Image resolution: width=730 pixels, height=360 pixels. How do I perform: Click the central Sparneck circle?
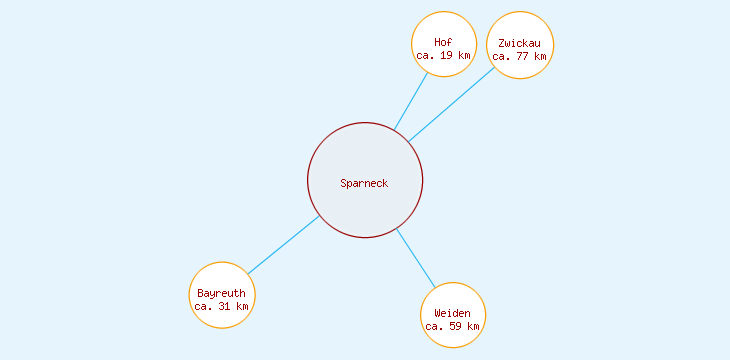point(365,205)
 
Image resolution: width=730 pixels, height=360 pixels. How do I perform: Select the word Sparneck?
point(364,183)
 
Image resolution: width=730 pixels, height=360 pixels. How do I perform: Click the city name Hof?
point(443,42)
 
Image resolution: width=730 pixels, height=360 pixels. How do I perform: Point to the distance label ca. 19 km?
point(443,56)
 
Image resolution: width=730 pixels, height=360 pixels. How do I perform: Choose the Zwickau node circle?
point(520,28)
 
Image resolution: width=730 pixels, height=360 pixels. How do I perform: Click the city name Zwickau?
point(520,43)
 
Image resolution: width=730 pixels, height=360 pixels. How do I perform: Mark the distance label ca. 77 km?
point(520,57)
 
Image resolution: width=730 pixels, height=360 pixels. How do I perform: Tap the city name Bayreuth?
point(221,293)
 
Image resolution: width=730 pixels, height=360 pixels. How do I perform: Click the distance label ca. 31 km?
point(221,306)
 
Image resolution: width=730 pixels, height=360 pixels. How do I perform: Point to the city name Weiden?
point(453,313)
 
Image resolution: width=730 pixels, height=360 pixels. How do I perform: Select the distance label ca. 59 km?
point(453,326)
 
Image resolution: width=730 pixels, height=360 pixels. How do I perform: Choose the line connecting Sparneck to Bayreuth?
point(284,244)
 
